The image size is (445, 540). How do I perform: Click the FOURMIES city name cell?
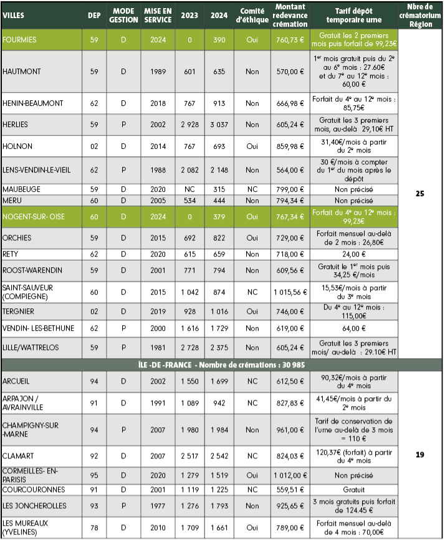click(20, 39)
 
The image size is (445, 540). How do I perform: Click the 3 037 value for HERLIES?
click(219, 125)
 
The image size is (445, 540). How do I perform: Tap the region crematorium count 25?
click(419, 194)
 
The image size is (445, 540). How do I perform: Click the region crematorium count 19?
click(419, 455)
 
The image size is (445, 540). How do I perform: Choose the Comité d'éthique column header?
click(252, 15)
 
